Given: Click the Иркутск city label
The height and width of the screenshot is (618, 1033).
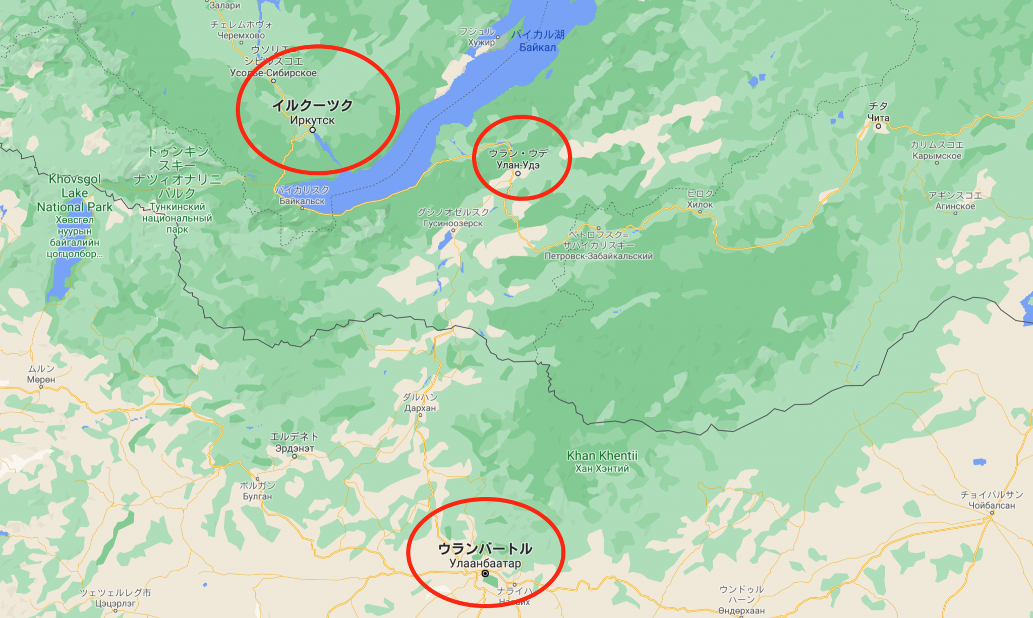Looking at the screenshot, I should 312,120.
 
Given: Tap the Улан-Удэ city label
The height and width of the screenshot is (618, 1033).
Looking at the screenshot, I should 518,165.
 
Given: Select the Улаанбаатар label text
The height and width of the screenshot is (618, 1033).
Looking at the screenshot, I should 485,563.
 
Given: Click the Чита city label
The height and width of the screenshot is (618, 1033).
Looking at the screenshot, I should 878,117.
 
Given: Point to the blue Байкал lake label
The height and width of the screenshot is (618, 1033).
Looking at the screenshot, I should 538,47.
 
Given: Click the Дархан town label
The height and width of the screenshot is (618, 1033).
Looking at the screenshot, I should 420,408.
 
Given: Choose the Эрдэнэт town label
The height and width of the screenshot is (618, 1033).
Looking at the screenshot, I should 295,448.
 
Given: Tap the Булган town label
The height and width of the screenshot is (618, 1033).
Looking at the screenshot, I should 257,496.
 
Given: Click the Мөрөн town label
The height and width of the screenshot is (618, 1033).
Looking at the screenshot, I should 41,379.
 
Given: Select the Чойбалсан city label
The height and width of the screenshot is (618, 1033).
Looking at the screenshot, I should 991,505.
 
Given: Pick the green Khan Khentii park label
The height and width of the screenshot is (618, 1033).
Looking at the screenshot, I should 602,456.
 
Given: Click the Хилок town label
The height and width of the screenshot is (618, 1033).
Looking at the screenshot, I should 700,205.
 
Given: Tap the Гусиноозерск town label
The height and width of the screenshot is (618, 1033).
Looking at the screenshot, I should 453,223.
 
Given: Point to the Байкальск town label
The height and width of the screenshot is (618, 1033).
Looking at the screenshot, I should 302,201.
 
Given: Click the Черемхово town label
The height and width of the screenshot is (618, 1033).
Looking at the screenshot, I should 241,35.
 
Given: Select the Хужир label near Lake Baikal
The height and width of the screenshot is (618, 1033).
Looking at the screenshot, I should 481,42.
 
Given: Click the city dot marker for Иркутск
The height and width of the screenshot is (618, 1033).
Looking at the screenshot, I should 313,130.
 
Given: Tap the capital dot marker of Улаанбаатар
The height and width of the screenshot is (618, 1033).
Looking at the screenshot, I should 485,574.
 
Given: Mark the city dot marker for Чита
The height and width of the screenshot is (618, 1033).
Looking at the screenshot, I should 878,126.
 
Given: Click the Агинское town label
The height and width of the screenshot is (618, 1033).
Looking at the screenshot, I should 955,206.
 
